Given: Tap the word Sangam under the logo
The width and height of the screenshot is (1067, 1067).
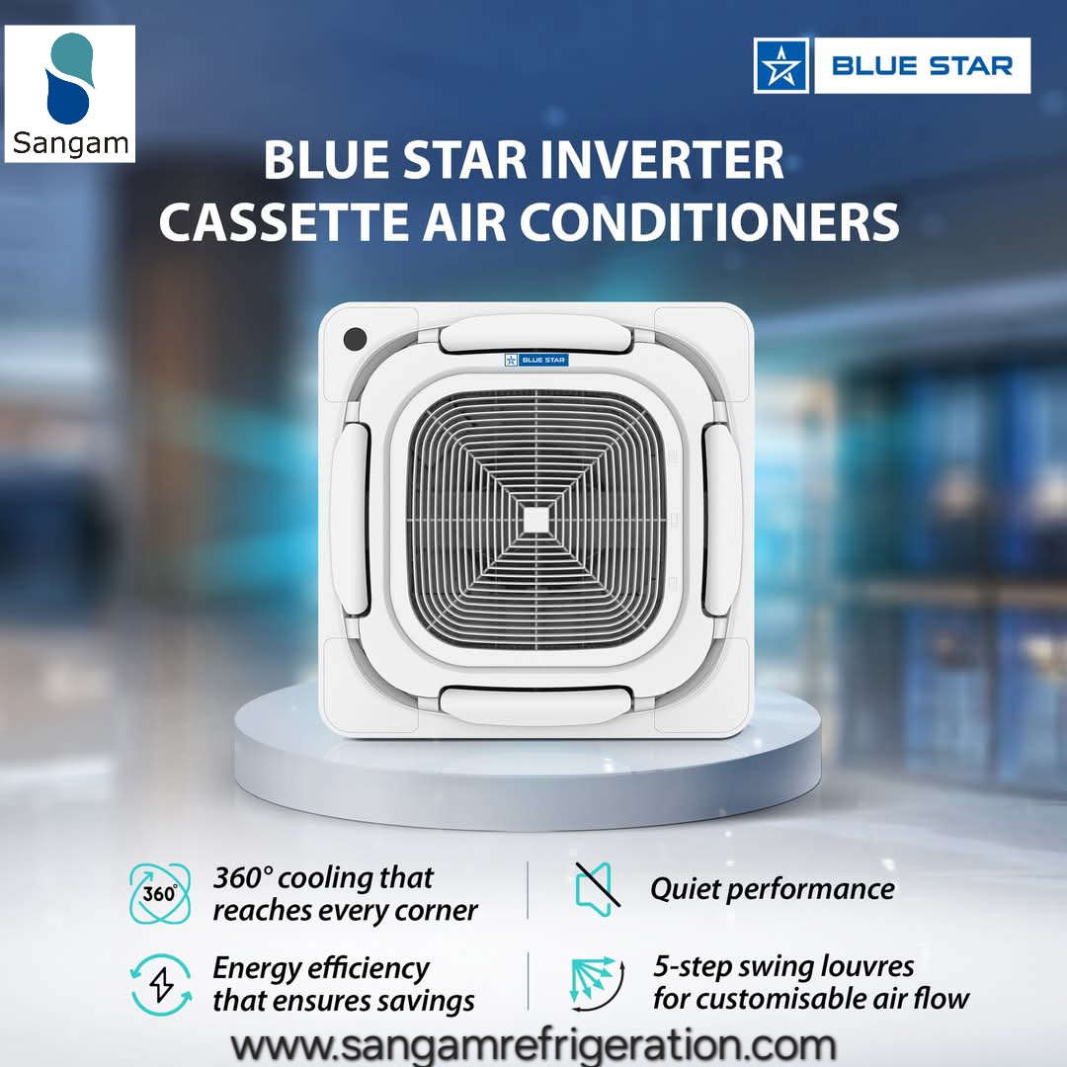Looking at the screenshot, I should click(70, 143).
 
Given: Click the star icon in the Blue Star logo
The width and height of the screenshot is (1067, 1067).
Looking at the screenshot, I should click(781, 66).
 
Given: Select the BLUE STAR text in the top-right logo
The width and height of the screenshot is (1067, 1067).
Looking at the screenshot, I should click(921, 66).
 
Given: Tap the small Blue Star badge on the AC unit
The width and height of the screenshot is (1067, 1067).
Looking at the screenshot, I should click(535, 360).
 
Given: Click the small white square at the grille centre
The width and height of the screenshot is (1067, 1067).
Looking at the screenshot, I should click(535, 521).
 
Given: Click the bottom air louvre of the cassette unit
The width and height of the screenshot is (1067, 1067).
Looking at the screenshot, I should click(535, 703).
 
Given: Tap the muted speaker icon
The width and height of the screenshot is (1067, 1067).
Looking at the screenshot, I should click(598, 886).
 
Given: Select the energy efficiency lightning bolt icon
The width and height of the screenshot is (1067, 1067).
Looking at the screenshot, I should click(160, 983).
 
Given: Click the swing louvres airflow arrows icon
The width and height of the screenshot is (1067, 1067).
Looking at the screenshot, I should click(598, 983).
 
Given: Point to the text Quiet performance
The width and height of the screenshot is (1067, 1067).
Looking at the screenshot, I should click(772, 888).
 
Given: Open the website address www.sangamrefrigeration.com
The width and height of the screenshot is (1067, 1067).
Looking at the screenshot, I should click(533, 1043).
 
